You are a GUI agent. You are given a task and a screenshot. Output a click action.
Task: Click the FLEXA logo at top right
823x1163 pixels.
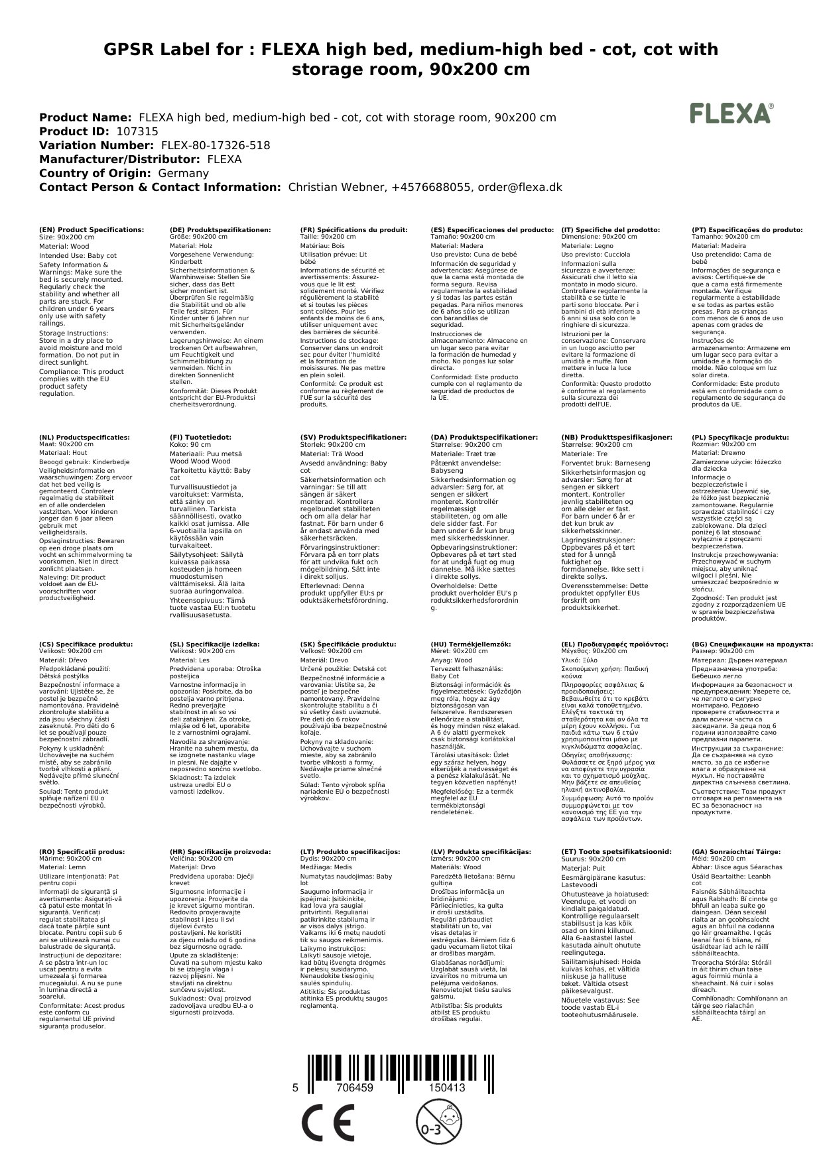point(731,113)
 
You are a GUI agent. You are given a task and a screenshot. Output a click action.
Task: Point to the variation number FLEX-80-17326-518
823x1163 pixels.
point(212,145)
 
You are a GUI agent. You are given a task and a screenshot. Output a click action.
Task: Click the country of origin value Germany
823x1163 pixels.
point(183,173)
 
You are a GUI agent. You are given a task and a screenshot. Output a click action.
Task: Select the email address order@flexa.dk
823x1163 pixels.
point(519,187)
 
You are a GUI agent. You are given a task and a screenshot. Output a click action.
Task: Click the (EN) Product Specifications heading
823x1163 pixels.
point(92,229)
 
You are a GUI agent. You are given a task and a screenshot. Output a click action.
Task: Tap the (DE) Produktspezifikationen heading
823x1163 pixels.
point(220,229)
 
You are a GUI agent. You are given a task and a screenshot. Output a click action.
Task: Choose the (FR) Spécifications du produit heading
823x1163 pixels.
point(353,229)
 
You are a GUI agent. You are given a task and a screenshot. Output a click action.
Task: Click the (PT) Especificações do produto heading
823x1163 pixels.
point(747,229)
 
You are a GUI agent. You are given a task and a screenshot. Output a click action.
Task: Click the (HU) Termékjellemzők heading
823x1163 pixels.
point(471,644)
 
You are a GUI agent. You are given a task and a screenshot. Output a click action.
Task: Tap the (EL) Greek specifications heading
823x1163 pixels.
point(614,644)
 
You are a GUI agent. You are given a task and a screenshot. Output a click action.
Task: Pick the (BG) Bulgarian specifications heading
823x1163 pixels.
point(752,644)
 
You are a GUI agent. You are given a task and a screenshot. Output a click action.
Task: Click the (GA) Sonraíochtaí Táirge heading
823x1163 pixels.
point(736,851)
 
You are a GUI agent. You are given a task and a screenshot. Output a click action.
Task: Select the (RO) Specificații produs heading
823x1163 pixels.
point(82,851)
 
